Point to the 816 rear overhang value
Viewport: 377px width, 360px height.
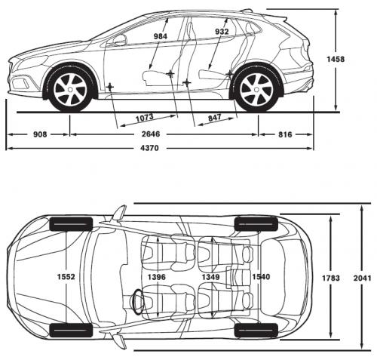point(284,134)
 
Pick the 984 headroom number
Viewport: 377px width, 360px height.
point(160,35)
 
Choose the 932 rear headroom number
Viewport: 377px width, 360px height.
point(222,32)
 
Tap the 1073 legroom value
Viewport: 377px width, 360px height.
point(146,118)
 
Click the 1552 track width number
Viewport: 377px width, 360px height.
point(66,278)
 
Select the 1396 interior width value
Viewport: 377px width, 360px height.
point(157,278)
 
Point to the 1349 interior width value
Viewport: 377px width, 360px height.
point(210,278)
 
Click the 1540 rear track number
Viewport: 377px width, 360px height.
point(261,278)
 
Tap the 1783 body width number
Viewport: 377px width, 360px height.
point(331,278)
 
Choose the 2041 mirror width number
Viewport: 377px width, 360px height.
point(361,278)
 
